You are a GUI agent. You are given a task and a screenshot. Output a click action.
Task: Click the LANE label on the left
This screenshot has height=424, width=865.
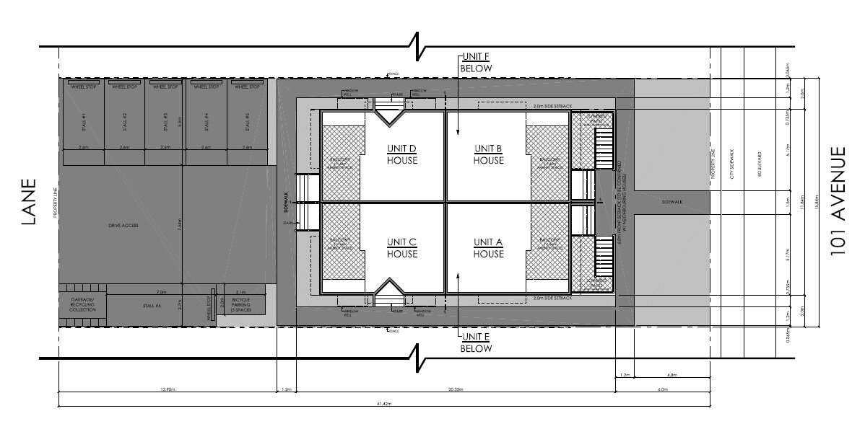[x=28, y=203]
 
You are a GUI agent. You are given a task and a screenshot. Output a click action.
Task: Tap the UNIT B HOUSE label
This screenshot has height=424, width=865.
[x=489, y=154]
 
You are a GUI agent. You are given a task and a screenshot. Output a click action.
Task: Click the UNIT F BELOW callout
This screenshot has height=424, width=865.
[x=476, y=63]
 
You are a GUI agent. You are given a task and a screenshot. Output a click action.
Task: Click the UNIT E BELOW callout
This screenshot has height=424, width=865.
[x=476, y=343]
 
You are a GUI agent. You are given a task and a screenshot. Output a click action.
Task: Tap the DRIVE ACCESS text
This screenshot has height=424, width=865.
[x=123, y=226]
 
